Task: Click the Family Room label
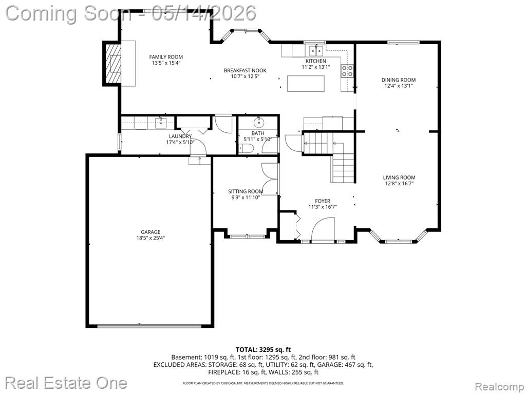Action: [166, 57]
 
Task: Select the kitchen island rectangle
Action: [306, 84]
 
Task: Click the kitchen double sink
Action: [316, 51]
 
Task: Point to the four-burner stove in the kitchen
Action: [347, 71]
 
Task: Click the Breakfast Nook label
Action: [245, 70]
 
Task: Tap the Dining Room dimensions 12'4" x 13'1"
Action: [399, 86]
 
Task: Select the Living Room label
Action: [399, 178]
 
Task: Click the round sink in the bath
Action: [259, 123]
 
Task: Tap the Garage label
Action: [151, 232]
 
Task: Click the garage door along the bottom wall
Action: [149, 325]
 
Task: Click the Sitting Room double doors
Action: [270, 179]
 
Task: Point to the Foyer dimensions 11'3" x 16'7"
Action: [323, 207]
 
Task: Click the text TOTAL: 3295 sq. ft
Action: [264, 350]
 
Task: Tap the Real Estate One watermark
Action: [66, 383]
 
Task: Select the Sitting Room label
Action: [246, 192]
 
